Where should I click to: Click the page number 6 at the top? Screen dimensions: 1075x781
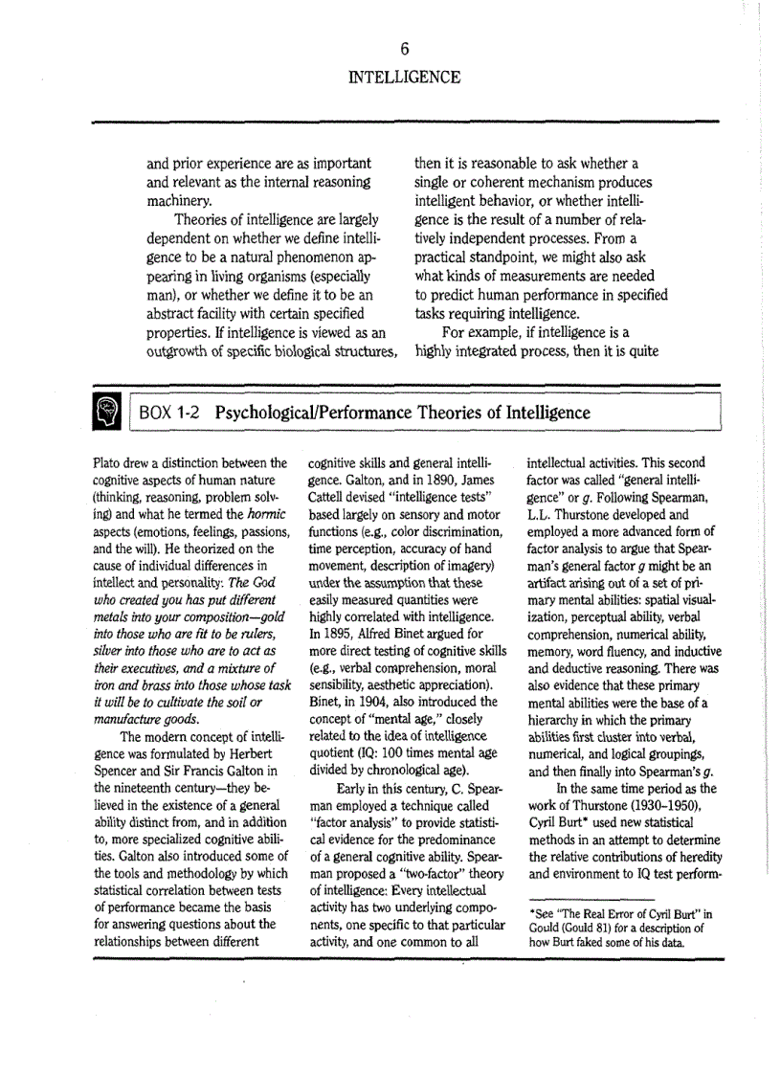(x=404, y=49)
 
